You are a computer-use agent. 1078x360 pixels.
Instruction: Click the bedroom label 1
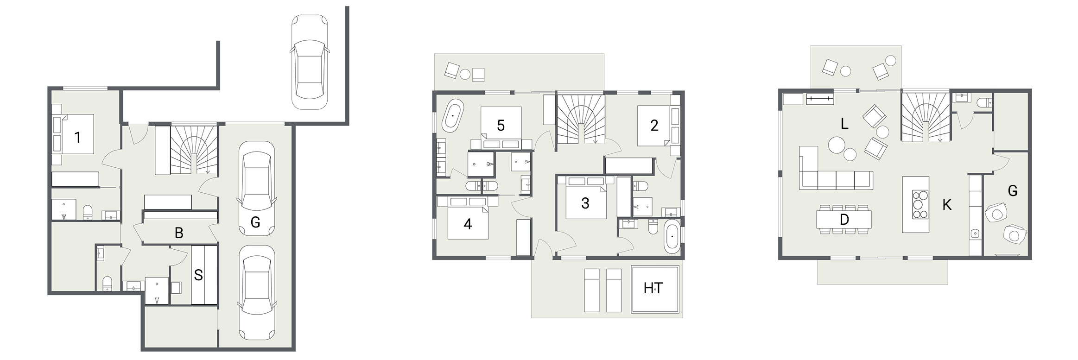click(77, 138)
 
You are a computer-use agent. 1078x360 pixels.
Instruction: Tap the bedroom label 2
click(654, 126)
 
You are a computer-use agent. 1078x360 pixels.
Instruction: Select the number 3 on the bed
click(585, 203)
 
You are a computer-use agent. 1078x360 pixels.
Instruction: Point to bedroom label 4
click(468, 224)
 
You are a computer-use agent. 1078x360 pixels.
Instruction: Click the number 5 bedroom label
click(501, 126)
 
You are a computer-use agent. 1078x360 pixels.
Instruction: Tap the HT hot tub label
click(653, 288)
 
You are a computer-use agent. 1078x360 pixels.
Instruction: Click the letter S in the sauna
click(198, 275)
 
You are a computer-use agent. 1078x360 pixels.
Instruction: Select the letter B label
click(179, 233)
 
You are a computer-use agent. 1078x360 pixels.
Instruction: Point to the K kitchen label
click(947, 205)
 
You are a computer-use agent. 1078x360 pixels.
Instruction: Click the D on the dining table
click(844, 220)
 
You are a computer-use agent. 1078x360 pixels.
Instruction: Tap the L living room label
click(844, 124)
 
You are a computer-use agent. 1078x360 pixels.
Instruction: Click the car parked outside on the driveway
click(309, 63)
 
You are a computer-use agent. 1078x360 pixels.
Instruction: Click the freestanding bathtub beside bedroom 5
click(452, 115)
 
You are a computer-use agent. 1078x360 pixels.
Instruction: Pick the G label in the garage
click(255, 223)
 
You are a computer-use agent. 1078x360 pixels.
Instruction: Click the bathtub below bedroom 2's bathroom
click(672, 237)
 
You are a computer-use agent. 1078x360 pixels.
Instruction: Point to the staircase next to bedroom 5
click(581, 119)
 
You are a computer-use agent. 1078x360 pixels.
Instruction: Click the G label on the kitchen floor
click(1013, 190)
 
